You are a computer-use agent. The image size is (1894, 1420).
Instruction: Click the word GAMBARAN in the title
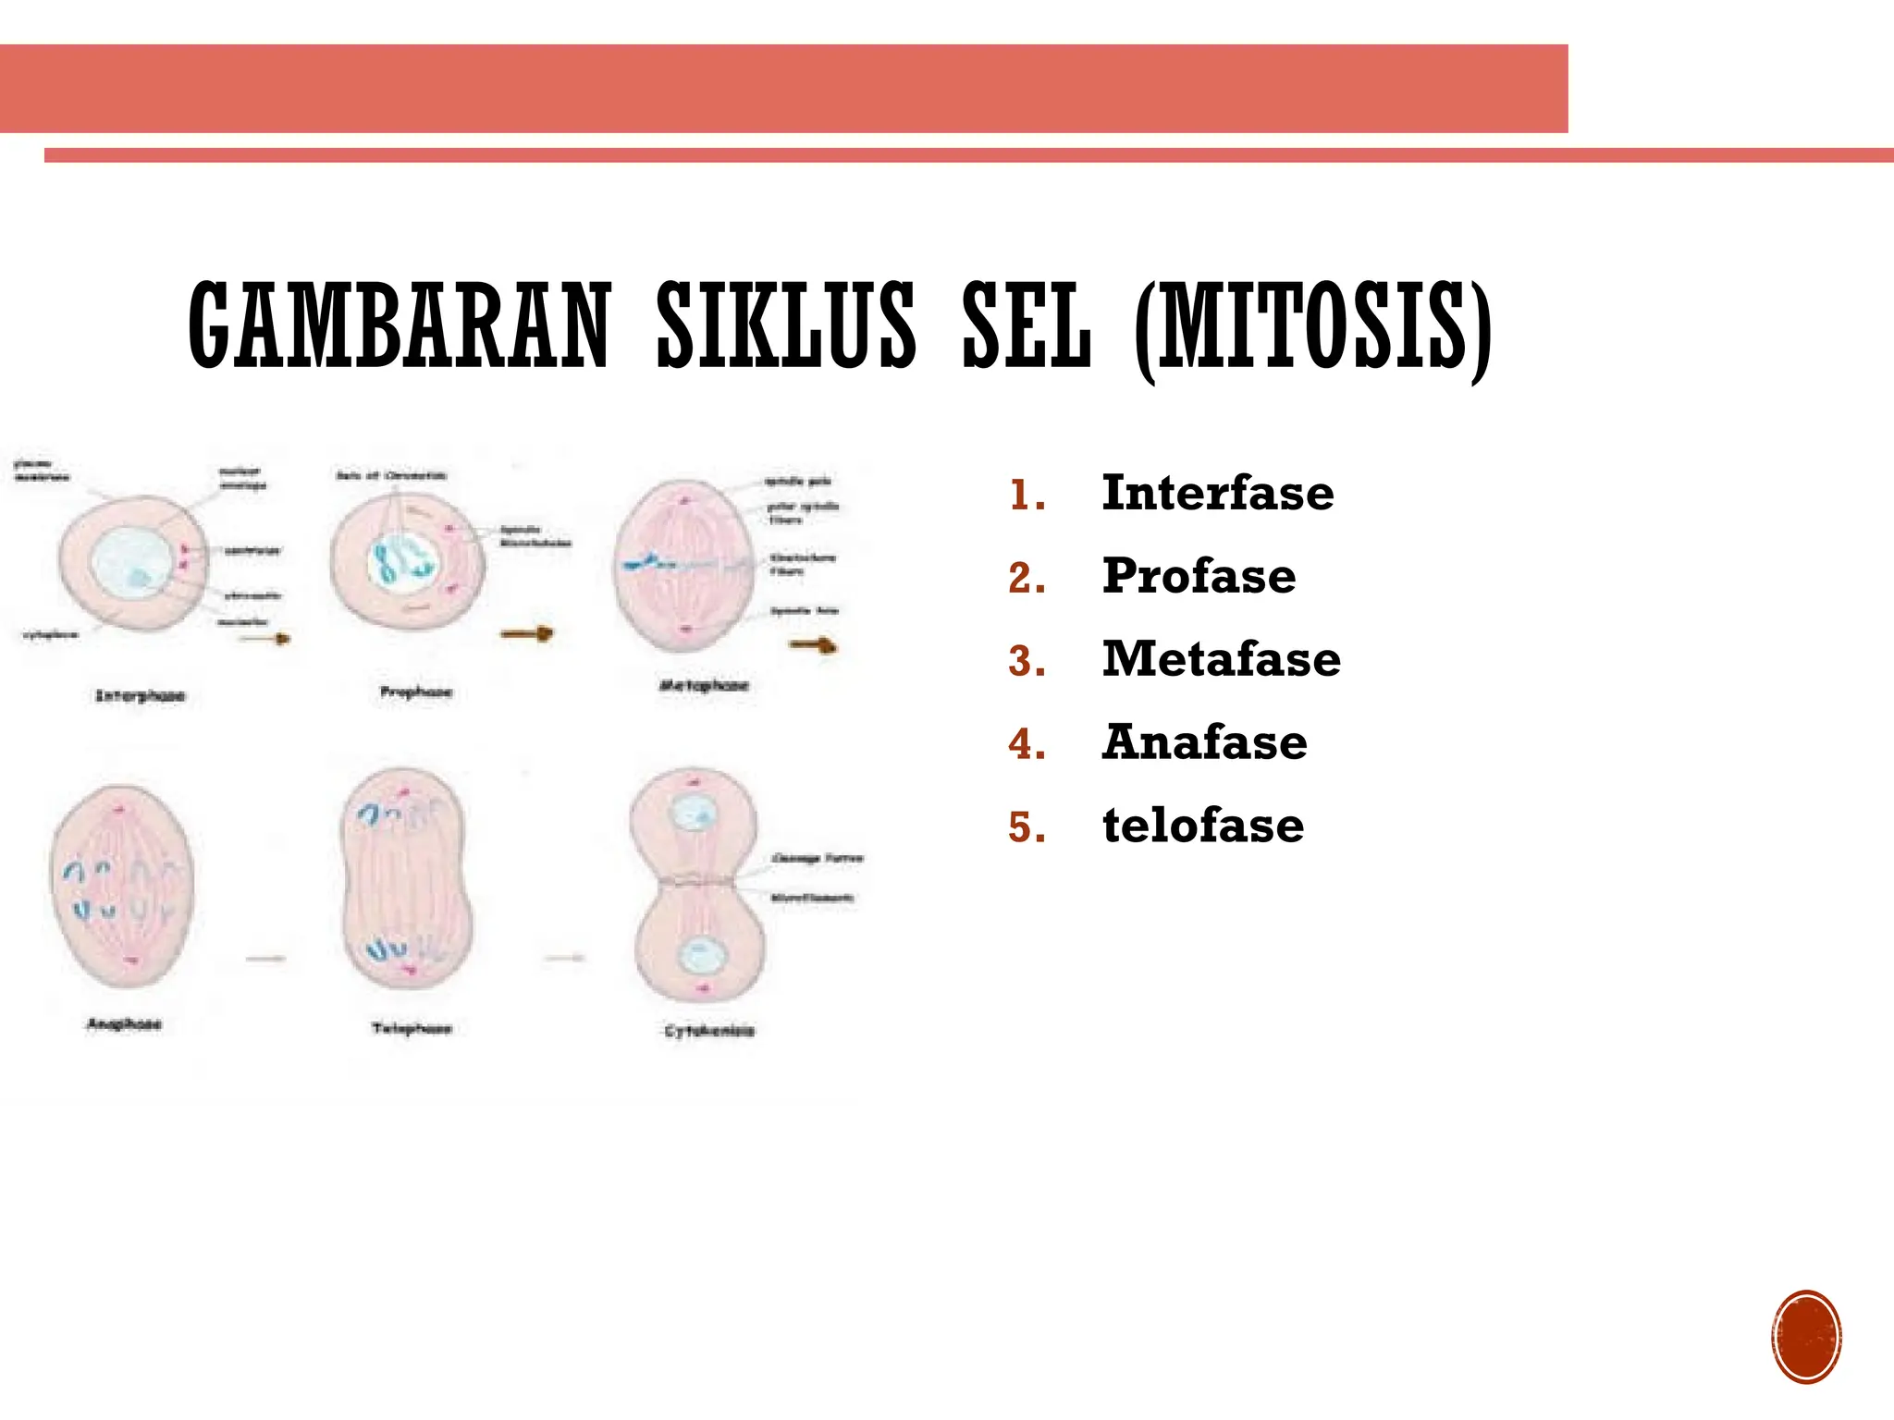tap(400, 325)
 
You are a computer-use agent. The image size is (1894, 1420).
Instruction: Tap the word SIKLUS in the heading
tap(786, 325)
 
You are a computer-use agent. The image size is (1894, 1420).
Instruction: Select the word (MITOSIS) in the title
tap(1313, 327)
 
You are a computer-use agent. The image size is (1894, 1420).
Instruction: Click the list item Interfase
tap(1217, 493)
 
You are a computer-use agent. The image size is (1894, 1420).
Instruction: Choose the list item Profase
tap(1199, 576)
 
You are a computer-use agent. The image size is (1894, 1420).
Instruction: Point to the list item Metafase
tap(1221, 659)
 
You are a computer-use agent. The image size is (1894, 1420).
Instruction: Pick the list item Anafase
tap(1204, 742)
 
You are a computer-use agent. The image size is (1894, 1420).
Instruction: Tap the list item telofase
tap(1202, 826)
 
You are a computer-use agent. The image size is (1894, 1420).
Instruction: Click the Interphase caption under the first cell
tap(141, 695)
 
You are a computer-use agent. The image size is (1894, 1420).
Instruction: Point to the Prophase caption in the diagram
tap(416, 692)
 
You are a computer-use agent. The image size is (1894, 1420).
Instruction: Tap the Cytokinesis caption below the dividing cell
tap(709, 1030)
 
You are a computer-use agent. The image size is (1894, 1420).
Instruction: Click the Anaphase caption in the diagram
tap(124, 1023)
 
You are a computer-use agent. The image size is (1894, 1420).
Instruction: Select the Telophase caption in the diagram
tap(412, 1028)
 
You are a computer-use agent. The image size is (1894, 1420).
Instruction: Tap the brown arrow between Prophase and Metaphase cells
tap(526, 633)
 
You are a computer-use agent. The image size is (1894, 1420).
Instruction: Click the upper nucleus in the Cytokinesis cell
tap(693, 814)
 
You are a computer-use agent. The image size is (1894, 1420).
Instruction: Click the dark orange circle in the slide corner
tap(1806, 1337)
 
